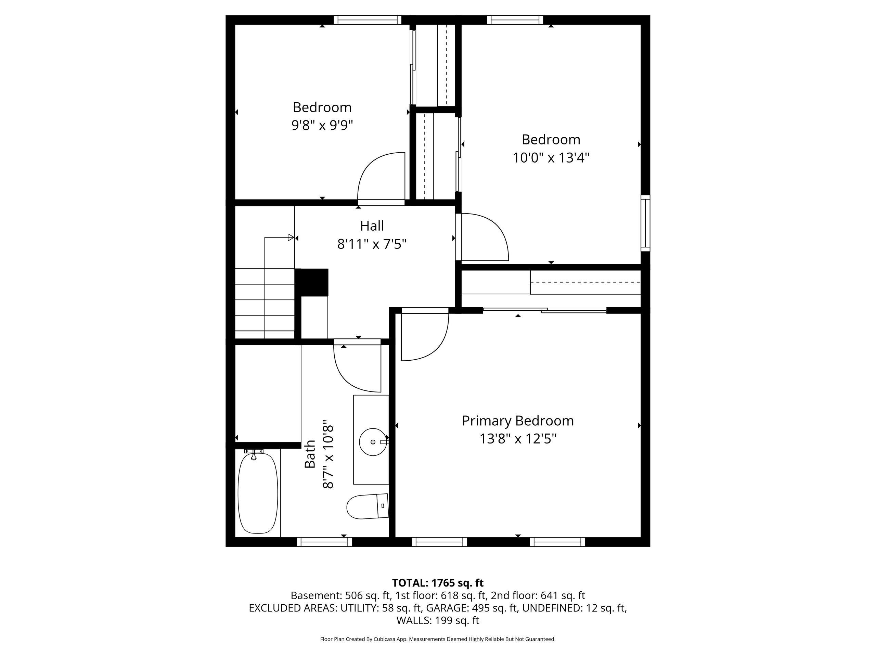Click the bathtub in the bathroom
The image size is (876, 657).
click(258, 493)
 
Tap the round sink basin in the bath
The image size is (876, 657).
click(373, 441)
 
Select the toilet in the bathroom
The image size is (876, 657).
click(368, 506)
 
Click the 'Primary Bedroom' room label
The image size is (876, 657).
click(518, 421)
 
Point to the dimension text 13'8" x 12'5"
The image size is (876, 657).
click(518, 439)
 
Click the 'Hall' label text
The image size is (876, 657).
click(372, 226)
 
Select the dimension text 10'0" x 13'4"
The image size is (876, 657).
click(551, 158)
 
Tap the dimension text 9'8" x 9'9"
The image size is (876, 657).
click(322, 125)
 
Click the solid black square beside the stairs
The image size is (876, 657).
click(312, 282)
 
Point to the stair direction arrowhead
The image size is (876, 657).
click(291, 237)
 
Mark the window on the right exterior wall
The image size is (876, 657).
click(645, 223)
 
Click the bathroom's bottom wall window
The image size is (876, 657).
click(324, 542)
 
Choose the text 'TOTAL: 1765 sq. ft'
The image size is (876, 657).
click(438, 583)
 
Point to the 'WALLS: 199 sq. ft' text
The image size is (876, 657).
click(438, 621)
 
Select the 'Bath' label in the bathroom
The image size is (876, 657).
click(310, 454)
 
